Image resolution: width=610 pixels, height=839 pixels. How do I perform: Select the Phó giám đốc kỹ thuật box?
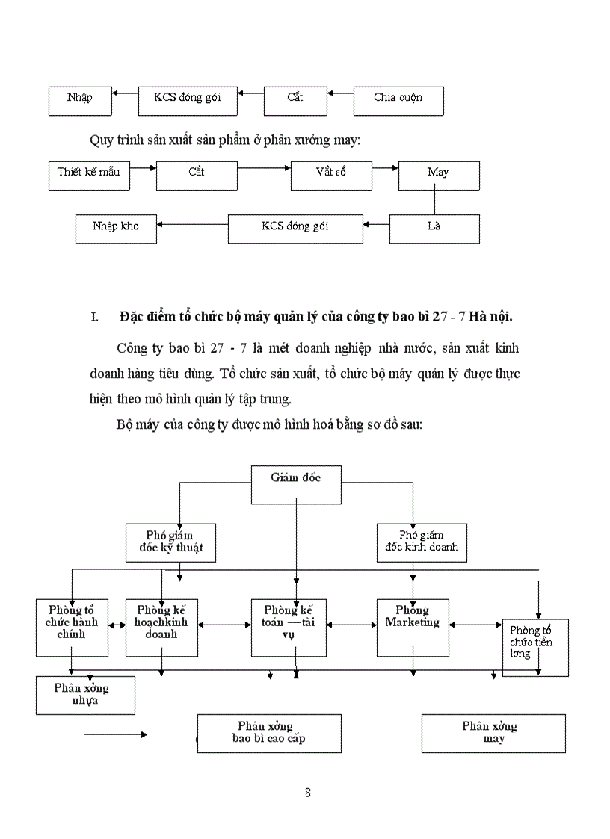[171, 542]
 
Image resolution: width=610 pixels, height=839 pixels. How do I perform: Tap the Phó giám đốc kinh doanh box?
[422, 542]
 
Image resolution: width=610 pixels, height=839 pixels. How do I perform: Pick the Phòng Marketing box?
[413, 627]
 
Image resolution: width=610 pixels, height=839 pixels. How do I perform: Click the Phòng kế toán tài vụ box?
[289, 627]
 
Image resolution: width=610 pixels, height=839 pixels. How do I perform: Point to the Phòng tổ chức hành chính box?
[72, 627]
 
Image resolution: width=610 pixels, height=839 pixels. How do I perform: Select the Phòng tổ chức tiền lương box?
[534, 647]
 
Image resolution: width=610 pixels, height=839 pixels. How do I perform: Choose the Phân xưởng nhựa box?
[85, 695]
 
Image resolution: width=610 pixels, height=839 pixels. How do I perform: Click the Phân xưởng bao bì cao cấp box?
[268, 733]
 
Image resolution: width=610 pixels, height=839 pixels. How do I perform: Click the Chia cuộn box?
[398, 101]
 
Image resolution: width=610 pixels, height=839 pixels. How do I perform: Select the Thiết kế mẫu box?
[88, 175]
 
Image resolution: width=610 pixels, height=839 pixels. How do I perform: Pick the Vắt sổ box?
[331, 175]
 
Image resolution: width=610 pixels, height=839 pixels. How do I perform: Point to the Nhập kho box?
[116, 228]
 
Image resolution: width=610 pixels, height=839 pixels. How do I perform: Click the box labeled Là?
[434, 228]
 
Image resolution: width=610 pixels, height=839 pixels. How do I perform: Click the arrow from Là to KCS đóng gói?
[376, 222]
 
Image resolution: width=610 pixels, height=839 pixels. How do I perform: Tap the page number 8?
[308, 793]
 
